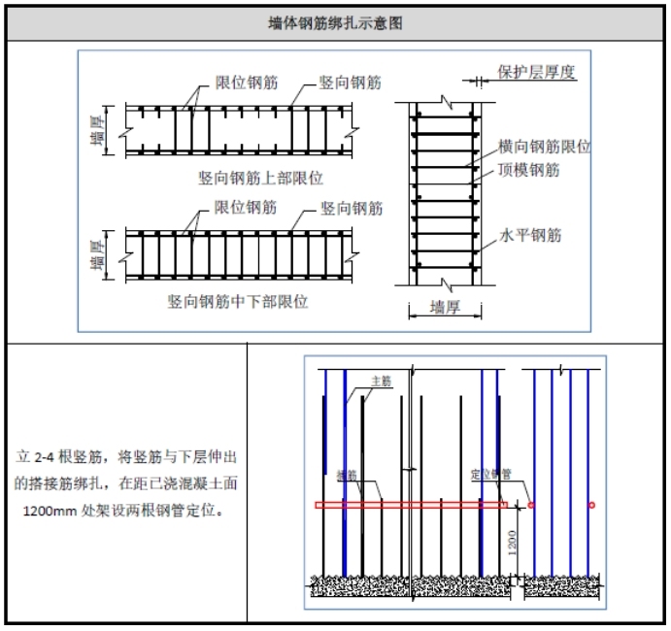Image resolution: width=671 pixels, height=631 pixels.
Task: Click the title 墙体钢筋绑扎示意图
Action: point(336,23)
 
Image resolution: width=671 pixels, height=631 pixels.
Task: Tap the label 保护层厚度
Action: point(537,72)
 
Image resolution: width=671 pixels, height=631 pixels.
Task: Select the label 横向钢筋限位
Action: point(545,147)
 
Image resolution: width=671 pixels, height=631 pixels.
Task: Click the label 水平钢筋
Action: point(529,235)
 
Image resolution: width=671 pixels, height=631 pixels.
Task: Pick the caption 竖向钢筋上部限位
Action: point(260,178)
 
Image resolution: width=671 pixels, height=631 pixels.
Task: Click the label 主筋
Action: point(382,382)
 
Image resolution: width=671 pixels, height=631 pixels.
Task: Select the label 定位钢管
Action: point(490,475)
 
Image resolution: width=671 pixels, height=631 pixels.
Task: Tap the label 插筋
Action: point(347,475)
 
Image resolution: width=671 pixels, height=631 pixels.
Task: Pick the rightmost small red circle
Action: point(591,506)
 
